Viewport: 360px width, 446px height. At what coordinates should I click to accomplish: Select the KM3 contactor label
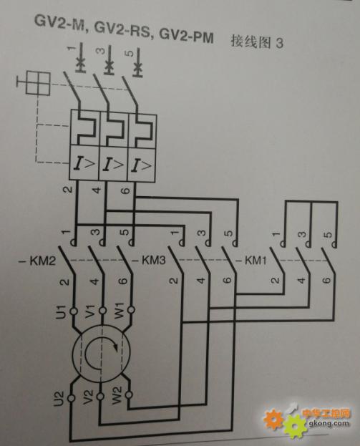(x=151, y=261)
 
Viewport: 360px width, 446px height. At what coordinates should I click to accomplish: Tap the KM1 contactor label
(x=253, y=261)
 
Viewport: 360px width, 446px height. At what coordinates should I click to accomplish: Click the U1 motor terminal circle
(x=74, y=311)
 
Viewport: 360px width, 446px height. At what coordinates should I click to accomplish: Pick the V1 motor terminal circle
(x=103, y=310)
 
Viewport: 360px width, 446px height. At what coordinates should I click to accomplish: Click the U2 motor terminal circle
(x=71, y=397)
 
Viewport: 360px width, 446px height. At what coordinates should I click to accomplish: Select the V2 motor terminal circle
(x=100, y=396)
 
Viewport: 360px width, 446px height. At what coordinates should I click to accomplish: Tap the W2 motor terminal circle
(x=129, y=394)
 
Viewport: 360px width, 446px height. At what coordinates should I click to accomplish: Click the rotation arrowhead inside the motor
(x=116, y=346)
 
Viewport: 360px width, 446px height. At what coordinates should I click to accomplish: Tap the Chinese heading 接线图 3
(x=257, y=43)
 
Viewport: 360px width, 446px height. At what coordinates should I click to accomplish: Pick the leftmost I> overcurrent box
(x=84, y=163)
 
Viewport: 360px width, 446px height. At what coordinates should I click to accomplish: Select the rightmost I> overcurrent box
(x=142, y=165)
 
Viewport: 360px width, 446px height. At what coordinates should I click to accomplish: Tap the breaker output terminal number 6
(x=126, y=190)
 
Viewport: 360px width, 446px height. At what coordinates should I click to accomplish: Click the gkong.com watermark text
(x=329, y=424)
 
